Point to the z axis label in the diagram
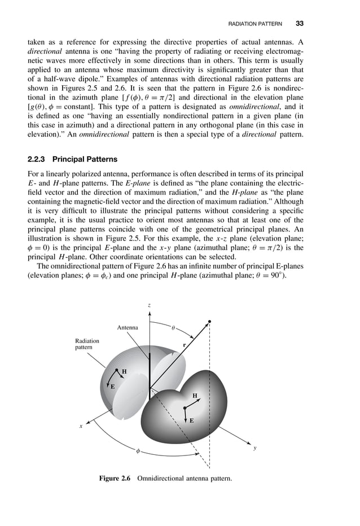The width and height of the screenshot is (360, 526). click(149, 305)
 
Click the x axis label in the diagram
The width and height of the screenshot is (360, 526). click(81, 427)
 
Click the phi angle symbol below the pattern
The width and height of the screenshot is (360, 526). click(137, 451)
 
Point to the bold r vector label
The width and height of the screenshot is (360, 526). click(184, 345)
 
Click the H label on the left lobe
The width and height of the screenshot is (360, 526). click(124, 371)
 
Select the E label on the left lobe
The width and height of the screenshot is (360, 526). click(112, 387)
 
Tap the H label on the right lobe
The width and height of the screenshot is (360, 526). click(195, 396)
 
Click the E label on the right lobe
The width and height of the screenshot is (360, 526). click(191, 420)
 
